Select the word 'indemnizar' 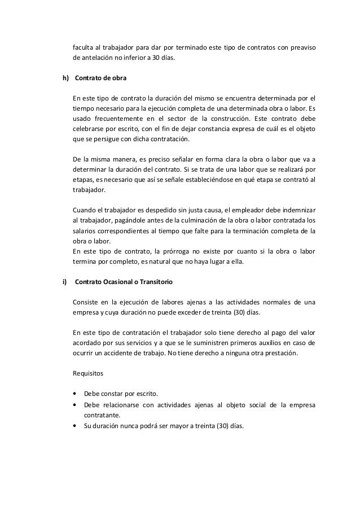[300, 210]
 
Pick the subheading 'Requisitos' [88, 374]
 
